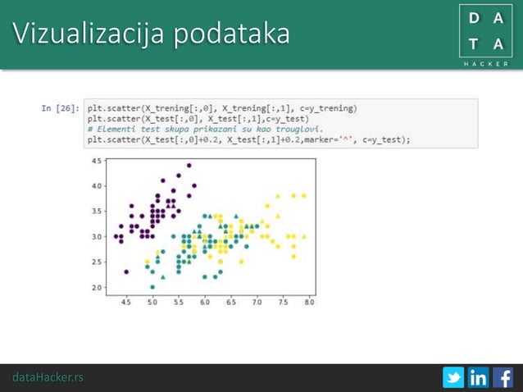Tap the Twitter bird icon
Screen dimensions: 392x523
(453, 377)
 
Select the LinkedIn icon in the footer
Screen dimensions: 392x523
(478, 377)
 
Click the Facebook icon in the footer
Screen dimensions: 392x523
(503, 377)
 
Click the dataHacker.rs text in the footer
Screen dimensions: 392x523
(48, 377)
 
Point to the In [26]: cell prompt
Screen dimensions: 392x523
(60, 107)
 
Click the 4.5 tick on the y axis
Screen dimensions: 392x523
(98, 161)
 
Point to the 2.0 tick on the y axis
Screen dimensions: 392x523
(98, 288)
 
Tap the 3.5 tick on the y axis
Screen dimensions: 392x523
(98, 212)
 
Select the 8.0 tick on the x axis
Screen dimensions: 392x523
(309, 302)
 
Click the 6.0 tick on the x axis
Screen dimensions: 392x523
(205, 302)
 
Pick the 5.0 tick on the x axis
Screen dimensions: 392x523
(152, 302)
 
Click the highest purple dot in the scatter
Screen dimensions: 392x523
(189, 166)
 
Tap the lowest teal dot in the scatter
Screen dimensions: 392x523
(152, 287)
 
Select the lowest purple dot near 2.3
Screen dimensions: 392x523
(126, 271)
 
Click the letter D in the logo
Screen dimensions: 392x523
(473, 18)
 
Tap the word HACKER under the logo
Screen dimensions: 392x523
(486, 63)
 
